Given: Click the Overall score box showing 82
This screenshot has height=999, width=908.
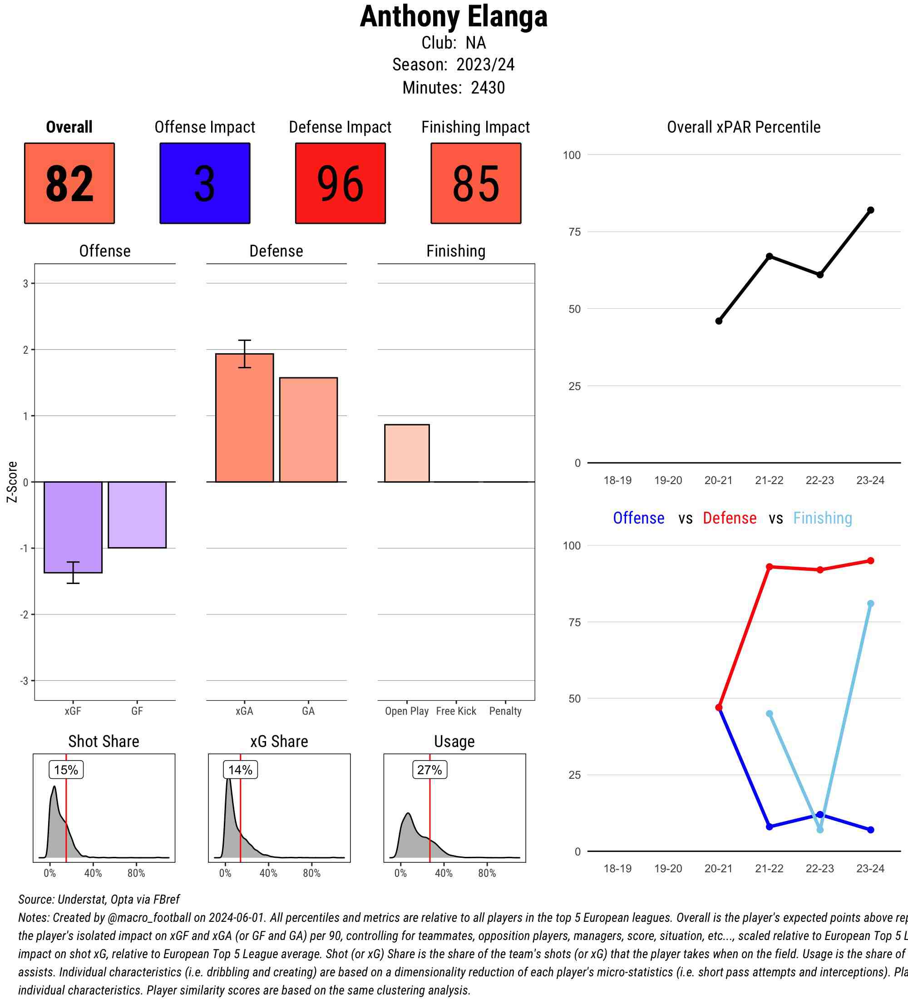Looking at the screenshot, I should point(69,183).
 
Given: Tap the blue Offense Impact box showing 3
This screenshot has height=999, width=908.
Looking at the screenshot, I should point(205,183).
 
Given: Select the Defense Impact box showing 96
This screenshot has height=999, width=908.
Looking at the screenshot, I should point(340,183).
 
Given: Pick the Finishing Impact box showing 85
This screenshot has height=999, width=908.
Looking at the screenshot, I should point(475,183).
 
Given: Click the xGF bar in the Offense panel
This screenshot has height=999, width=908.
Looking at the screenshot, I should point(73,527).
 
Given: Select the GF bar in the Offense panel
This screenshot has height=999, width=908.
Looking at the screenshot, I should point(137,514).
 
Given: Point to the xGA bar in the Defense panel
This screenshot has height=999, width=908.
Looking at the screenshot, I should point(244,418).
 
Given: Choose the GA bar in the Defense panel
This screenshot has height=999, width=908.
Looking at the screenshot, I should point(308,430).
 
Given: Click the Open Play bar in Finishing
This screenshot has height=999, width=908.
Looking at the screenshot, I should point(407,453).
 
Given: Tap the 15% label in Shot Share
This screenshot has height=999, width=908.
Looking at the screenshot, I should point(66,770).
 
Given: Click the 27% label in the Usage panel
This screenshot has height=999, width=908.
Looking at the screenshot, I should point(429,770).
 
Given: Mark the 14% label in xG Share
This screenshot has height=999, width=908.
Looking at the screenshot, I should point(240,770).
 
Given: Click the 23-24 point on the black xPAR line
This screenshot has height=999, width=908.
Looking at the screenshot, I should point(870,210).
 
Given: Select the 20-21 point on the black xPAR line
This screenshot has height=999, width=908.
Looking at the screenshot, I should point(719,321).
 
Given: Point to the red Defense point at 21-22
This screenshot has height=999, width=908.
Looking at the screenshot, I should point(769,566).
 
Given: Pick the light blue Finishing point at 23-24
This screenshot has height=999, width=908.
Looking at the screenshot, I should point(870,603).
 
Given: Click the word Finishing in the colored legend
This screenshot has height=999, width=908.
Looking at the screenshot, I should point(822,518).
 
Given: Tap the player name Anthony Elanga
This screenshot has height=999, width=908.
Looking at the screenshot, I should point(454,16).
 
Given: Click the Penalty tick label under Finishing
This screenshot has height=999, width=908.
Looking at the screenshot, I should point(505,711).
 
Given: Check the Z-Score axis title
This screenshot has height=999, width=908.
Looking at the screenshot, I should point(12,482).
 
